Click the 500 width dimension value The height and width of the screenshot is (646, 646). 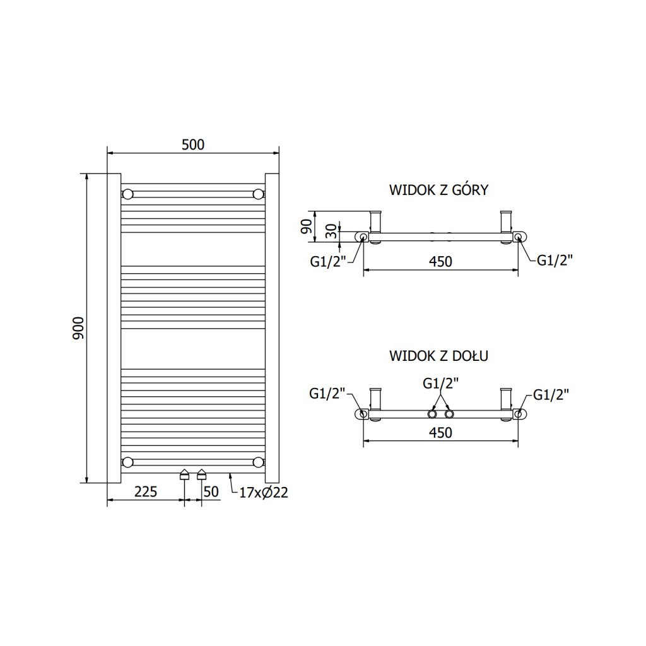tap(193, 144)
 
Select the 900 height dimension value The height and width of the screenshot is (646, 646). tap(79, 327)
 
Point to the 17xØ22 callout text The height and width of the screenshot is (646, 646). tap(264, 493)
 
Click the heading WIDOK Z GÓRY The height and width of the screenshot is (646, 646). tap(438, 190)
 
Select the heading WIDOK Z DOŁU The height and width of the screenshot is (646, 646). tap(438, 356)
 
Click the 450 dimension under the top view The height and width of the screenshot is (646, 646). tap(440, 262)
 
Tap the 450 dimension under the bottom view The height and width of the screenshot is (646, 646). tap(440, 433)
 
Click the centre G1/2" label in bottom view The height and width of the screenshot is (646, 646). tap(440, 383)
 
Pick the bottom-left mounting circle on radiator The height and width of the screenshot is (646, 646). tap(128, 462)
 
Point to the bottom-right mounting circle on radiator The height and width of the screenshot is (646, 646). tap(258, 462)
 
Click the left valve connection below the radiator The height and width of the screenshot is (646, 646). tap(184, 474)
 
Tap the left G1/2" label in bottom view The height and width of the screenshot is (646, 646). tap(327, 394)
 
